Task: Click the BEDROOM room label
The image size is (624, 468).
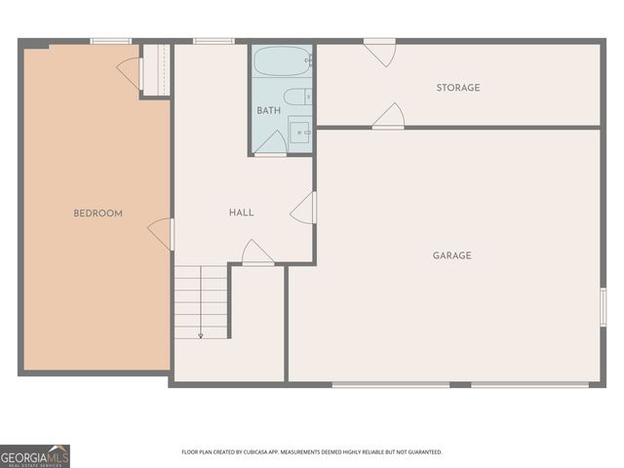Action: coord(98,213)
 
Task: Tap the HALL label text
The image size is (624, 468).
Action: coord(241,213)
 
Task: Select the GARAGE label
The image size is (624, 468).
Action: coord(451,255)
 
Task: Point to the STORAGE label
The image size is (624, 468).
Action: coord(457,88)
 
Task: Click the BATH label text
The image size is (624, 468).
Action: coord(268,111)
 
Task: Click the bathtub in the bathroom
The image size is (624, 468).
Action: coord(282,61)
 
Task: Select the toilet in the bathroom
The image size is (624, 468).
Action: coord(296,96)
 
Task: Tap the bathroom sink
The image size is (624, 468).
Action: coord(299,131)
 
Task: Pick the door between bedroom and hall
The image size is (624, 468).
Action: coord(161,233)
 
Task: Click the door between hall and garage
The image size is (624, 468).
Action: coord(303,207)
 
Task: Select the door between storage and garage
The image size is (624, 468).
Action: coord(389,116)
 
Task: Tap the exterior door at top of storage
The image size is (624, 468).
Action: coord(379,51)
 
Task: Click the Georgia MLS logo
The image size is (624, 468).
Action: coord(35,455)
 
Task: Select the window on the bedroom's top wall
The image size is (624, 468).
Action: coord(110,41)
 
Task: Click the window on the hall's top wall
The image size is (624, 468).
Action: coord(213,41)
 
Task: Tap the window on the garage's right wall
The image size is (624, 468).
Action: coord(604,306)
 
